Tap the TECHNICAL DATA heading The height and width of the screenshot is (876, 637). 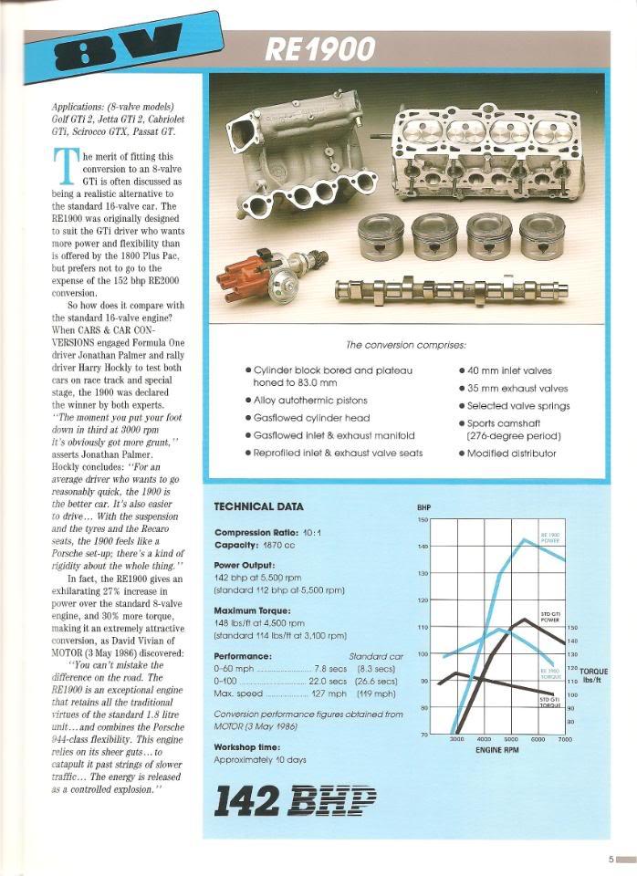coord(259,506)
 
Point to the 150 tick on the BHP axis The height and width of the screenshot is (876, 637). coord(423,520)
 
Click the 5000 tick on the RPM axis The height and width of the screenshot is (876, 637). coord(510,739)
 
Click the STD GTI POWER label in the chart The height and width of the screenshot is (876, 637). coord(550,617)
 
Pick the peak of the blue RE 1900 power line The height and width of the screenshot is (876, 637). coord(524,540)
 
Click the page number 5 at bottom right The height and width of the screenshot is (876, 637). coord(611,859)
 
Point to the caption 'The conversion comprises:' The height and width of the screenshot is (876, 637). coord(405,345)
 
